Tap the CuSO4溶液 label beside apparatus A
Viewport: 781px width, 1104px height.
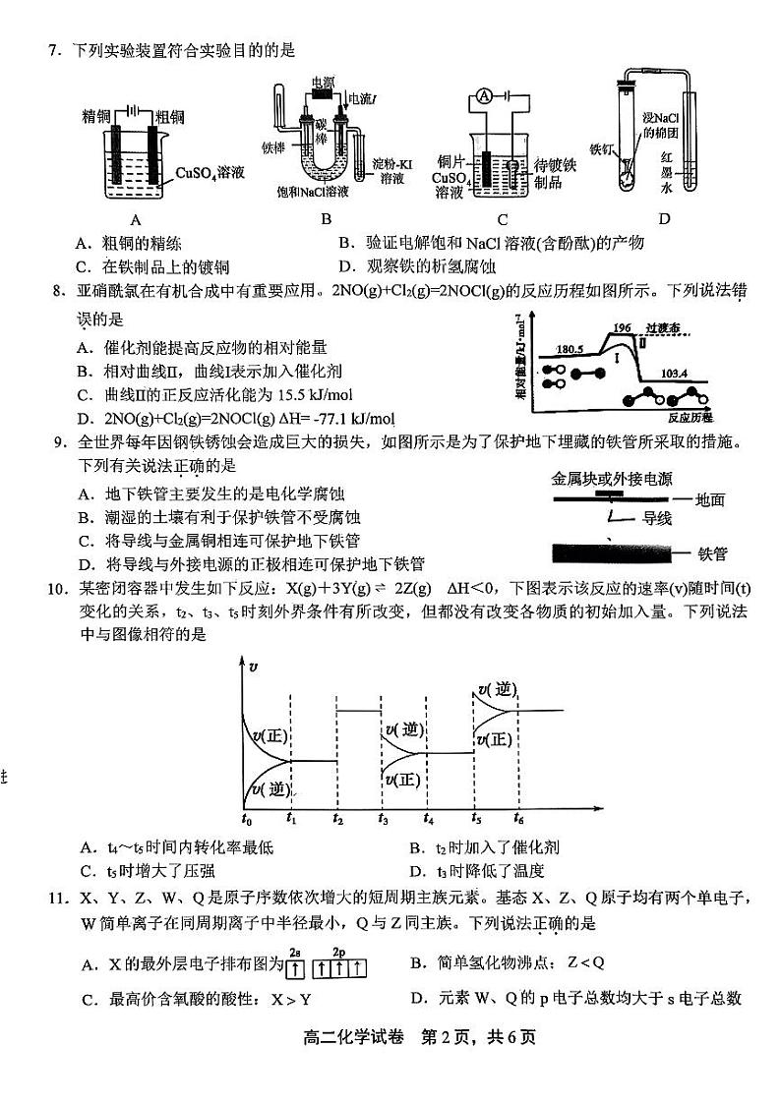[210, 174]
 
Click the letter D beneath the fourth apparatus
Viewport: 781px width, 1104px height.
[664, 218]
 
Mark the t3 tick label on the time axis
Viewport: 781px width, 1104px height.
[383, 818]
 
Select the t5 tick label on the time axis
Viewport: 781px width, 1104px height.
[475, 818]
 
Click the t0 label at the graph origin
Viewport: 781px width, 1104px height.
[246, 818]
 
